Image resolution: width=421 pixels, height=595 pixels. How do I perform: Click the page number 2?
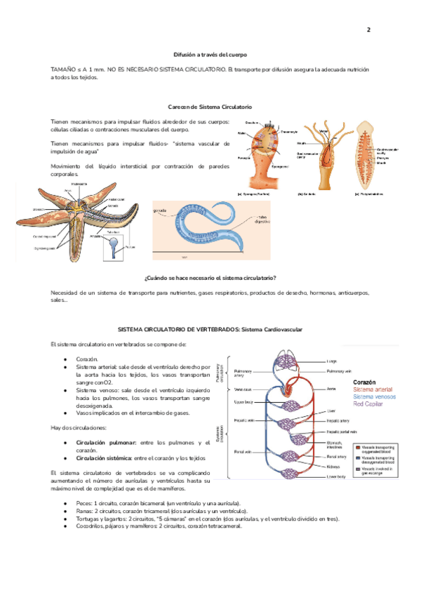click(368, 31)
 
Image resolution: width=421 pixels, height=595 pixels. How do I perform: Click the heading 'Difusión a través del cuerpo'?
click(210, 54)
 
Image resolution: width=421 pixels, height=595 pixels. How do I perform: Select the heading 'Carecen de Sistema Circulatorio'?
click(210, 106)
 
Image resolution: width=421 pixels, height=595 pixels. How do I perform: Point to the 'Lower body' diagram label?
click(336, 476)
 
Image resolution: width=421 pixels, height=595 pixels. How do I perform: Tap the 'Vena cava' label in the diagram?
click(242, 389)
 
